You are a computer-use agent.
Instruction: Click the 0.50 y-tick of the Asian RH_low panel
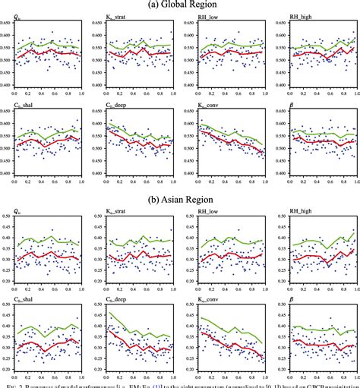[x=190, y=217]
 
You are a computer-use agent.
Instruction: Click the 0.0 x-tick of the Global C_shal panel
[x=14, y=179]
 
